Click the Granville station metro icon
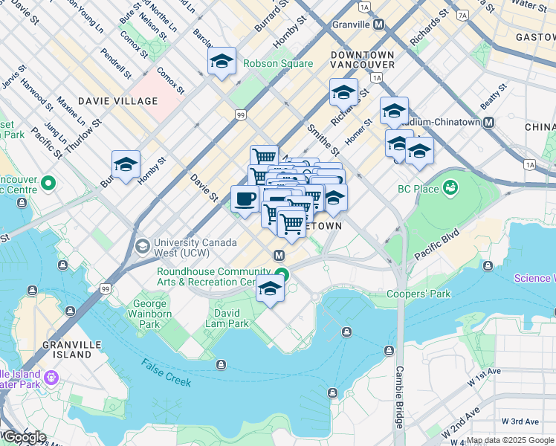pyautogui.click(x=379, y=25)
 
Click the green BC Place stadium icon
pyautogui.click(x=449, y=189)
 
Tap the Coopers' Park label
pyautogui.click(x=418, y=294)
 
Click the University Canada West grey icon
pyautogui.click(x=143, y=245)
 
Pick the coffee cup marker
pyautogui.click(x=245, y=198)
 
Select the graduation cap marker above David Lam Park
pyautogui.click(x=271, y=289)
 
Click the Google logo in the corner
pyautogui.click(x=24, y=437)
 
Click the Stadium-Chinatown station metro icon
pyautogui.click(x=489, y=123)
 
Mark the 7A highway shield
pyautogui.click(x=462, y=14)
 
